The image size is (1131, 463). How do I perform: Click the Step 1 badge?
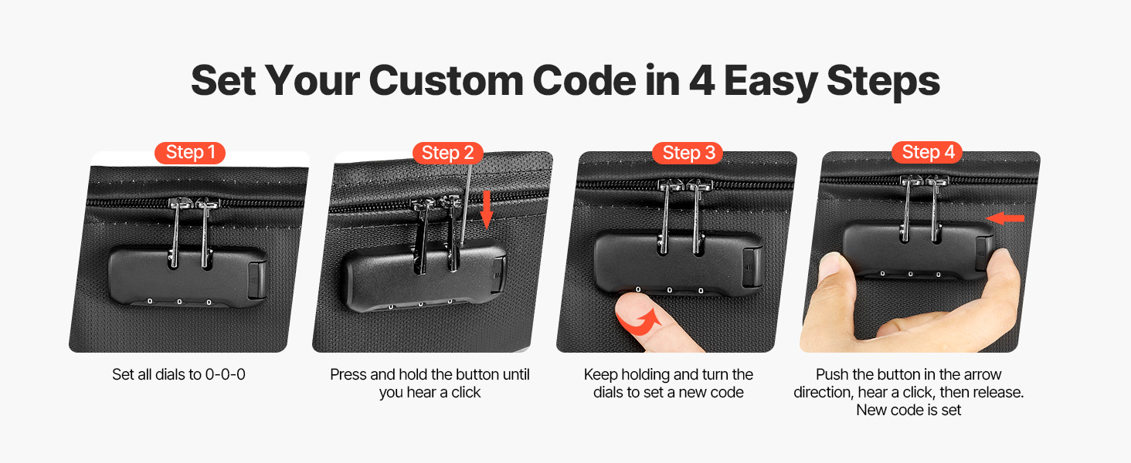[190, 152]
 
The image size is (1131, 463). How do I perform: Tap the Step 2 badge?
[448, 152]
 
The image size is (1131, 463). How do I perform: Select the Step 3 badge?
[688, 152]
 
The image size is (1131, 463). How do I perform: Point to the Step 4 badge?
[928, 152]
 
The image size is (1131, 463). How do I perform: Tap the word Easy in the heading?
[771, 82]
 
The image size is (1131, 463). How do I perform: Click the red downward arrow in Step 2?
[487, 210]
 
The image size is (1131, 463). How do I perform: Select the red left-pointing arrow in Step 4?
[1005, 218]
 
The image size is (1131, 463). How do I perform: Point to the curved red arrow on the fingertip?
[641, 323]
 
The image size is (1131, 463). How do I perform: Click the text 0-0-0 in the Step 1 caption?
[225, 374]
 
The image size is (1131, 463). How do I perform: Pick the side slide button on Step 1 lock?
[257, 280]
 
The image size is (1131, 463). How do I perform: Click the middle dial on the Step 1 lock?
[179, 302]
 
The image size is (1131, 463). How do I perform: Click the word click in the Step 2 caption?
[466, 392]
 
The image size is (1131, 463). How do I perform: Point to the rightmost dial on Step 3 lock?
[701, 291]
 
